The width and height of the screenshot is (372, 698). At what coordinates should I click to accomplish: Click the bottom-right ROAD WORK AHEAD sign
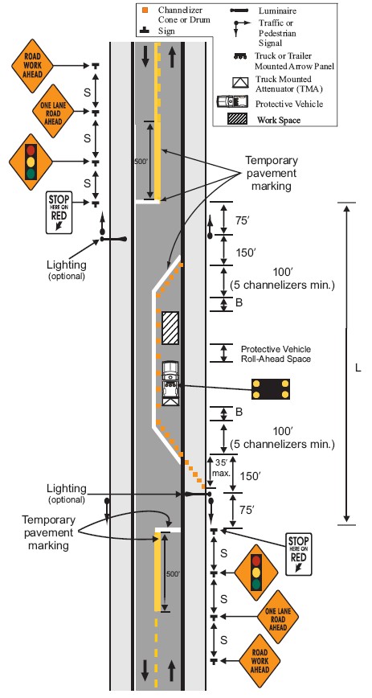coord(260,662)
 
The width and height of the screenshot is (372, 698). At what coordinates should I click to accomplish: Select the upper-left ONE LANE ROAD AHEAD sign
coord(53,112)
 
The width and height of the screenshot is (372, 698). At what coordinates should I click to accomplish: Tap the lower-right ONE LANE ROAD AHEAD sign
coord(278,617)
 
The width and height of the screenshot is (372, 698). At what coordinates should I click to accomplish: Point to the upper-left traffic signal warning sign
coord(31,161)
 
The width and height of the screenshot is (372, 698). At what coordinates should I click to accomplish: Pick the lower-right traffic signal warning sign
coord(255,572)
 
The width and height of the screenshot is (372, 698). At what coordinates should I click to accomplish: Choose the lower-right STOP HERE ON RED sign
coord(299,554)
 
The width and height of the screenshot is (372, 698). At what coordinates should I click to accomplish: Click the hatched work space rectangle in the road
coord(170,327)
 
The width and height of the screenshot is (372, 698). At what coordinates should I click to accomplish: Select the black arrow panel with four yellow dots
coord(271,389)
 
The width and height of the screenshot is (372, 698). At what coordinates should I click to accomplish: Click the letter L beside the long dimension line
coord(358,368)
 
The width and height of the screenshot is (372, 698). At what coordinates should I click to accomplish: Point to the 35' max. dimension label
coord(222,466)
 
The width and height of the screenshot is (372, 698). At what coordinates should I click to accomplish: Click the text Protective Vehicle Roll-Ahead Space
coord(276,354)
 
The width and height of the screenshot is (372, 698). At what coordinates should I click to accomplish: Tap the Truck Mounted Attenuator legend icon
coord(239,83)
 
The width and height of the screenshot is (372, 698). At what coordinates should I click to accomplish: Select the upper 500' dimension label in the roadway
coord(141,161)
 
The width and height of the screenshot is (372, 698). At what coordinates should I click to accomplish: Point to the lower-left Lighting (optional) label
coord(67,493)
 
